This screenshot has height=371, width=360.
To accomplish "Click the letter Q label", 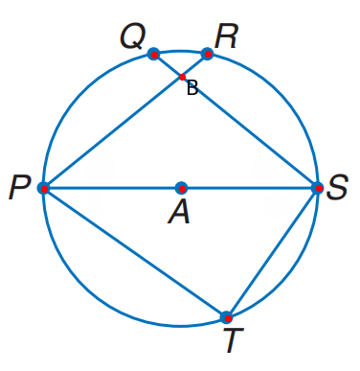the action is [x=132, y=37].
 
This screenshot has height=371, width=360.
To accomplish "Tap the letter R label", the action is [x=226, y=36].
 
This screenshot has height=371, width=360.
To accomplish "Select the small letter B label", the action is [x=192, y=89].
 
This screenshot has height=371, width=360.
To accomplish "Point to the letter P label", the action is [x=19, y=188].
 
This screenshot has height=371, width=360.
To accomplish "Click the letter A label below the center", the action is [x=179, y=214].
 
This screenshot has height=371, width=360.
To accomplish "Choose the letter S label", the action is [x=337, y=188].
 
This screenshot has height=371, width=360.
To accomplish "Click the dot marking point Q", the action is [x=153, y=55].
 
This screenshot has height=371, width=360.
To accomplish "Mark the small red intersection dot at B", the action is [x=182, y=77].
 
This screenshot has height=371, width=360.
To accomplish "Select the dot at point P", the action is [x=44, y=188].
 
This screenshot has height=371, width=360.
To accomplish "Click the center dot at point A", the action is [x=181, y=188].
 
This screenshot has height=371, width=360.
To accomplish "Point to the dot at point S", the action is [x=317, y=188].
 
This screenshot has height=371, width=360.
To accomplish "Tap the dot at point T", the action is [x=226, y=316].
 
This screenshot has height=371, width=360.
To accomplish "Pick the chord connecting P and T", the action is [x=134, y=252].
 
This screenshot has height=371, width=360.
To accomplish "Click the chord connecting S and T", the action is [x=272, y=252].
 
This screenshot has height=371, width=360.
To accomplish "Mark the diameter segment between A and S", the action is [x=249, y=188].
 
